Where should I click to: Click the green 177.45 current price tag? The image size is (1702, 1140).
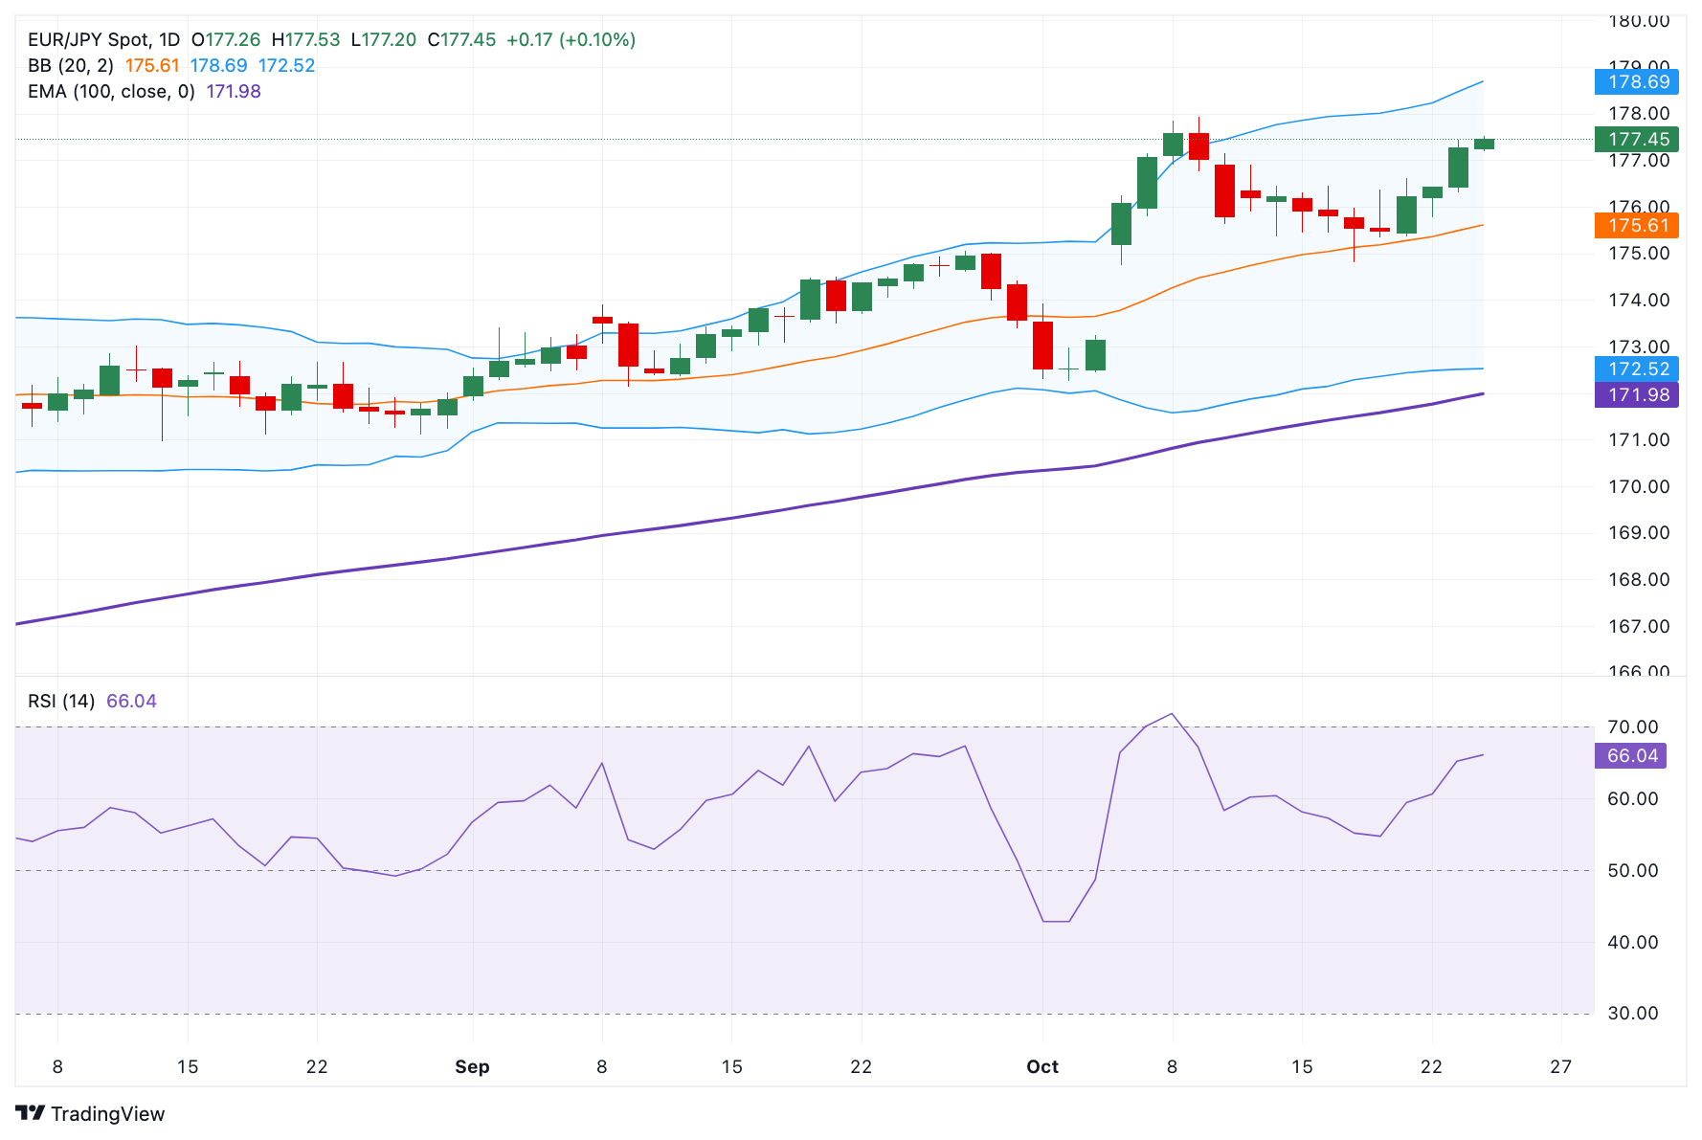1637,140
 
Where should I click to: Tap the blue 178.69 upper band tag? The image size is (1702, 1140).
1637,81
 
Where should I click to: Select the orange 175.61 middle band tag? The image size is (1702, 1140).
1637,226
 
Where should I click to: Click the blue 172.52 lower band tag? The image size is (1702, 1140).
1637,369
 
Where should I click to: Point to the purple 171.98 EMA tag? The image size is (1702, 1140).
1637,394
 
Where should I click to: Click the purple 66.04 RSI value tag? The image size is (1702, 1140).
1631,756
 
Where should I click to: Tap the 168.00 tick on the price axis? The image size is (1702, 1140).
1638,580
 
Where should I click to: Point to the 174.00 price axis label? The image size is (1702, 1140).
1638,301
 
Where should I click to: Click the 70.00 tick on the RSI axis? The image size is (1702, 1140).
1632,727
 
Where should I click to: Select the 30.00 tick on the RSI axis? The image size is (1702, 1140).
1632,1014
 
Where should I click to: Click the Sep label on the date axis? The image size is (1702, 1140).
472,1067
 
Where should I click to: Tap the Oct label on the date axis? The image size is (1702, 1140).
1041,1067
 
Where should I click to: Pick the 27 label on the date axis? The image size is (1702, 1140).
1560,1067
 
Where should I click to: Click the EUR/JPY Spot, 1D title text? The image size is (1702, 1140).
103,40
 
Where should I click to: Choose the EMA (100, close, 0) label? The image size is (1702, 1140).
111,92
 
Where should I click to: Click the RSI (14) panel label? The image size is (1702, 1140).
61,702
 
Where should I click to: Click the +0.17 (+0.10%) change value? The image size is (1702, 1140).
571,40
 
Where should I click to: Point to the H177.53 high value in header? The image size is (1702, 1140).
305,40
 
